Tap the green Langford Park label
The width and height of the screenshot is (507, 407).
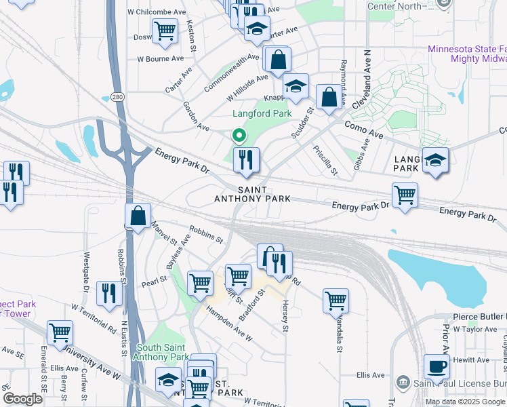coord(262,114)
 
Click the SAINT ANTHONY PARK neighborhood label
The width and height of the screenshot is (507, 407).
coord(252,195)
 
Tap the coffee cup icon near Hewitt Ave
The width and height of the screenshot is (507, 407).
coord(437,366)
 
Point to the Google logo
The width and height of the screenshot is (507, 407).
coord(23,399)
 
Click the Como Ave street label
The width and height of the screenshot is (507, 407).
coord(364,126)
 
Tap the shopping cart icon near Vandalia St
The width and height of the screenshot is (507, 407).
coord(336,300)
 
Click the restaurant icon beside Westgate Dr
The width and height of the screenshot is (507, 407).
coord(108,293)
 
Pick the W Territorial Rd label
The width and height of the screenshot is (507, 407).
coord(94,317)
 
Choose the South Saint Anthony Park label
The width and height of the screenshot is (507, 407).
coord(162,353)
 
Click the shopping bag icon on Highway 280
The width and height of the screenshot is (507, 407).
coord(138,216)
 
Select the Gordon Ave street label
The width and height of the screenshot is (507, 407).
coord(195,116)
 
